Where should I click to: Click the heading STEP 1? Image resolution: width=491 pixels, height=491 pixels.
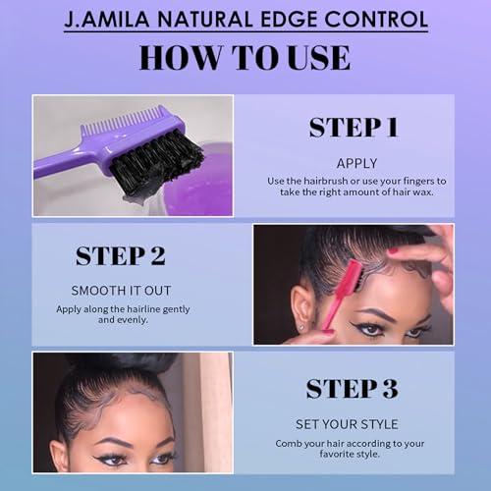(x=354, y=127)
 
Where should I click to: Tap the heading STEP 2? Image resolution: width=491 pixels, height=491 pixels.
(x=120, y=256)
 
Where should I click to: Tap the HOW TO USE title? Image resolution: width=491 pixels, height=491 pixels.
(x=245, y=57)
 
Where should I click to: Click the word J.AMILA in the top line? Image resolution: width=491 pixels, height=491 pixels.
(x=105, y=20)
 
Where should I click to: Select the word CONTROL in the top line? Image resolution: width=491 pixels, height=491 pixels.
(x=381, y=20)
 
